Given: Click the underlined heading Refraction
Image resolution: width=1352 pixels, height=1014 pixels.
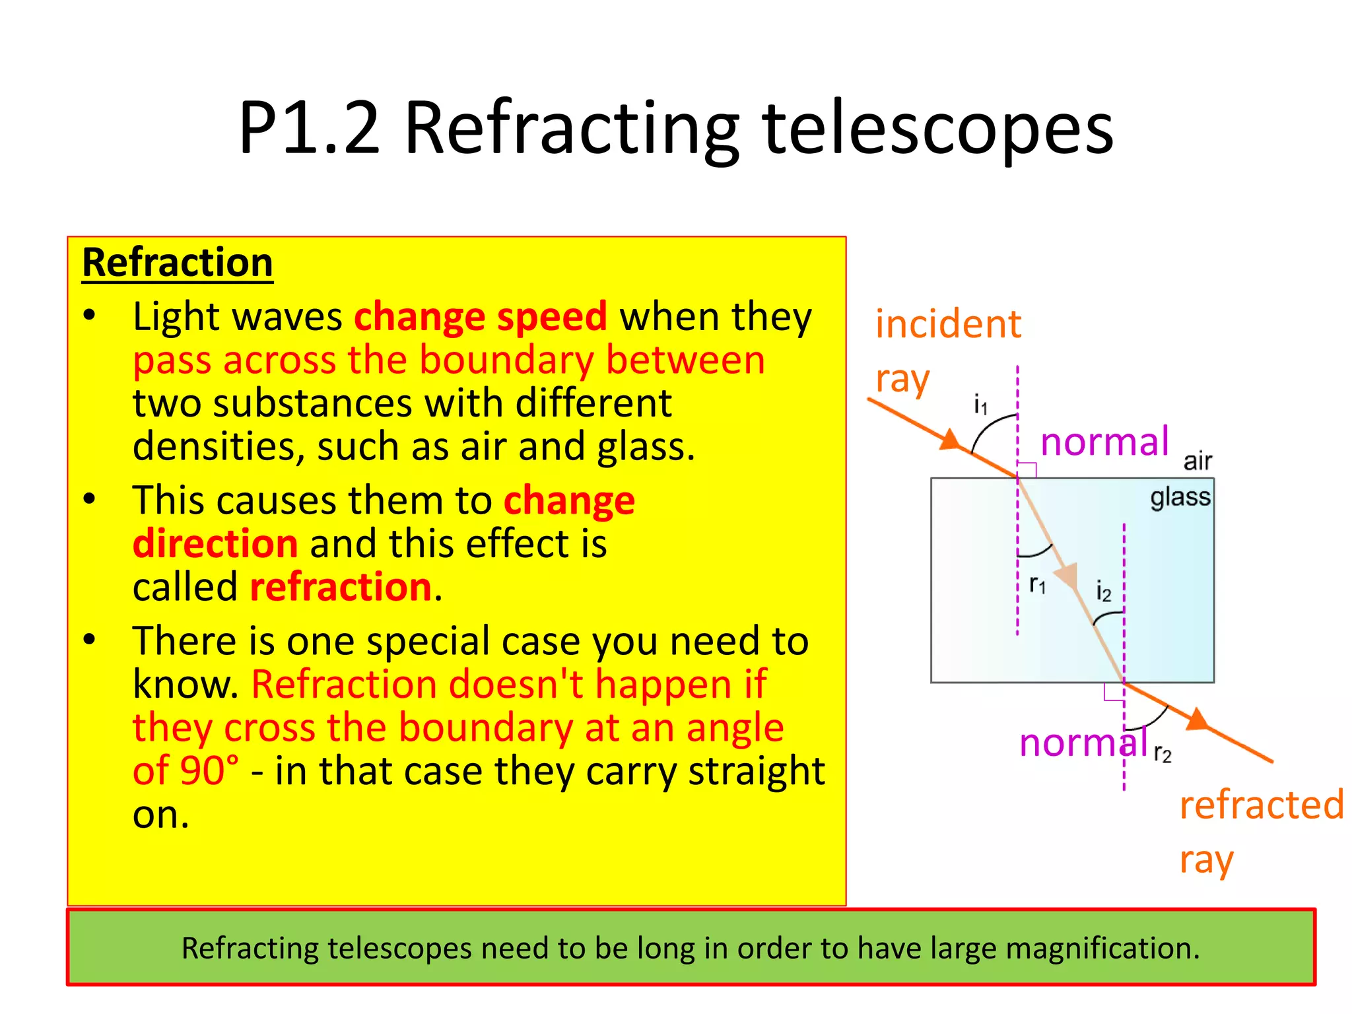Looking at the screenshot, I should pyautogui.click(x=177, y=263).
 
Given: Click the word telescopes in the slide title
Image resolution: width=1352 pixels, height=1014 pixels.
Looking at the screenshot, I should pyautogui.click(x=937, y=129).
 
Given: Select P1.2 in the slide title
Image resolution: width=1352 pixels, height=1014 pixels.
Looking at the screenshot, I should pyautogui.click(x=310, y=129).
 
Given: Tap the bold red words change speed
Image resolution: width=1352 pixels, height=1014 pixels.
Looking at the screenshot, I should pyautogui.click(x=481, y=317).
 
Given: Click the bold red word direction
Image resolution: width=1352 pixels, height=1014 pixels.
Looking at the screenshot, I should pyautogui.click(x=215, y=544).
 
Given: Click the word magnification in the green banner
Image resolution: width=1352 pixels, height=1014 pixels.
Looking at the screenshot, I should pyautogui.click(x=1101, y=949).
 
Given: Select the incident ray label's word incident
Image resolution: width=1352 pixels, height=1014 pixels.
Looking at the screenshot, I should pyautogui.click(x=948, y=325).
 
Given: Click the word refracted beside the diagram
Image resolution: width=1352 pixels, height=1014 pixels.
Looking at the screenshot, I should pyautogui.click(x=1261, y=805).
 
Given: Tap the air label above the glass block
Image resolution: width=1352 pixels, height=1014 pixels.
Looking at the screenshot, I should pyautogui.click(x=1198, y=461).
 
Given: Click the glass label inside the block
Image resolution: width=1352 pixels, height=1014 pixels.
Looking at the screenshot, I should pyautogui.click(x=1180, y=496).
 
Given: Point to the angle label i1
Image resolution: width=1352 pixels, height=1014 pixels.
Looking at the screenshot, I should pyautogui.click(x=981, y=405).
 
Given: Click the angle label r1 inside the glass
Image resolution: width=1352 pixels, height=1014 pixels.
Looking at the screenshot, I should pyautogui.click(x=1037, y=584).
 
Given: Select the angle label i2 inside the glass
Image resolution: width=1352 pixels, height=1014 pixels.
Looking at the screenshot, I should pyautogui.click(x=1103, y=591).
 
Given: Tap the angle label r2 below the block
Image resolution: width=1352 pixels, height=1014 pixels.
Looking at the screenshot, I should pyautogui.click(x=1163, y=753).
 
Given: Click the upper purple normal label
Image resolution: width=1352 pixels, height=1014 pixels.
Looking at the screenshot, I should pyautogui.click(x=1104, y=442).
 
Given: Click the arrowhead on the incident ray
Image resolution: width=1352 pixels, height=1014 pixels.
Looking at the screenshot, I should pyautogui.click(x=949, y=440).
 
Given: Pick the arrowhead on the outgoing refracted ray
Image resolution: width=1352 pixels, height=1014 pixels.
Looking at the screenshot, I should pyautogui.click(x=1198, y=720).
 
